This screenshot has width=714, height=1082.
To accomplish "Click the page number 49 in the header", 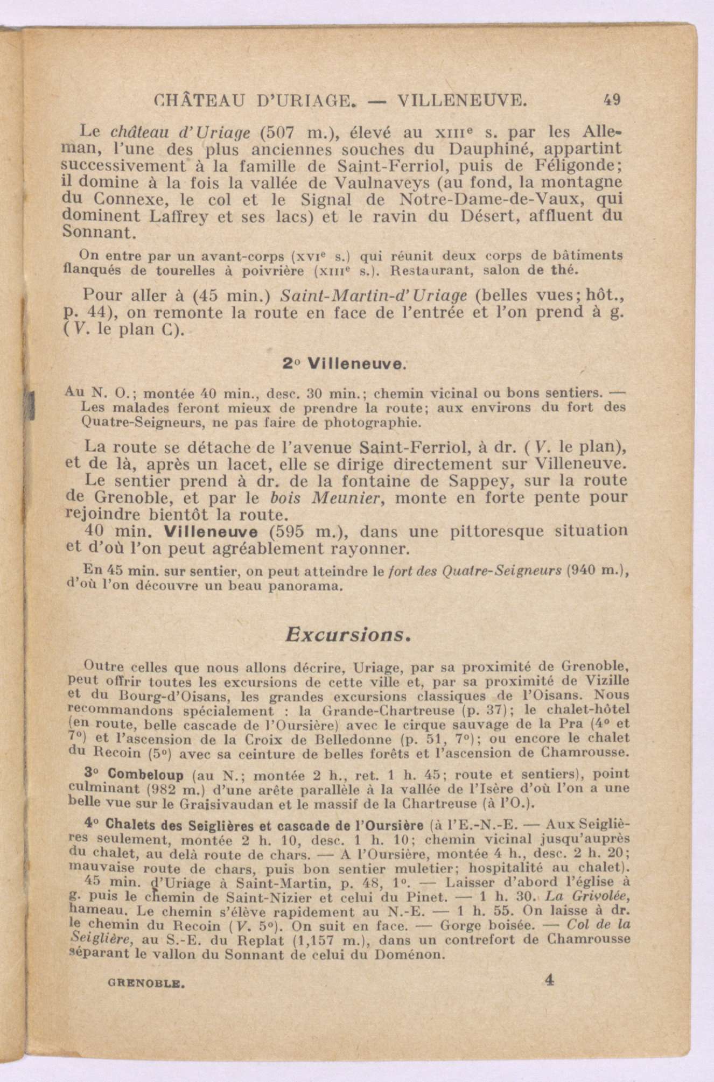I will pyautogui.click(x=613, y=100).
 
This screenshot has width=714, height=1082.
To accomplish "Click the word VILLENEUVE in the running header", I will pyautogui.click(x=461, y=100).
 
